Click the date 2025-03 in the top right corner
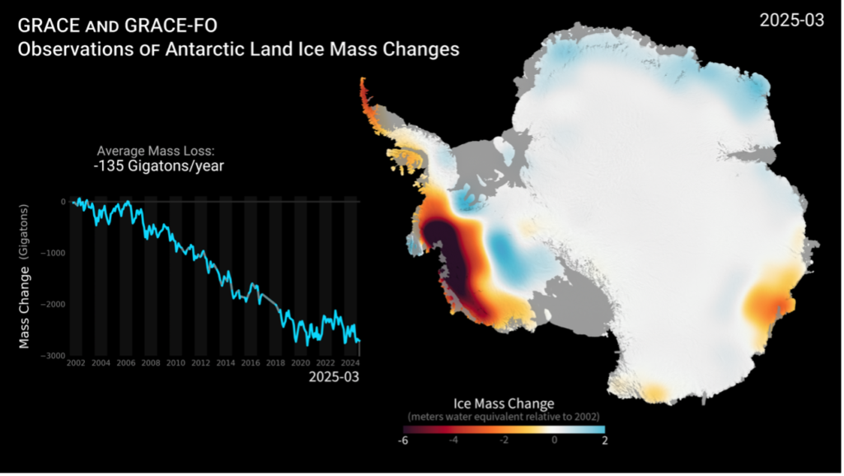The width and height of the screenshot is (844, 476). tap(791, 21)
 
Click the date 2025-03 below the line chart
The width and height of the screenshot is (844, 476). tap(334, 377)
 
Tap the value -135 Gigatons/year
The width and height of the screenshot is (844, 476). tap(158, 166)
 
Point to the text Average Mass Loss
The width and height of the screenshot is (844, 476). tap(158, 151)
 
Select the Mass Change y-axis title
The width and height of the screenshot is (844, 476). tap(25, 276)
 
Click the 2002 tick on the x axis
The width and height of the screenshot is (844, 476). tap(75, 362)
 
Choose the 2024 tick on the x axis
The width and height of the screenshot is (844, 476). tap(349, 362)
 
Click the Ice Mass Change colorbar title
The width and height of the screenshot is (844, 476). tap(503, 404)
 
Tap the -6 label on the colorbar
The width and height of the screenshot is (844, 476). tap(403, 441)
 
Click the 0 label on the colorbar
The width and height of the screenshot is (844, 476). tap(555, 441)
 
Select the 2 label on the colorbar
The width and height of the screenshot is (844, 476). tap(604, 441)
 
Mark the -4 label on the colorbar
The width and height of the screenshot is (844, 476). tap(452, 441)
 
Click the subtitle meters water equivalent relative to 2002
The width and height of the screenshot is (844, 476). tap(503, 416)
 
